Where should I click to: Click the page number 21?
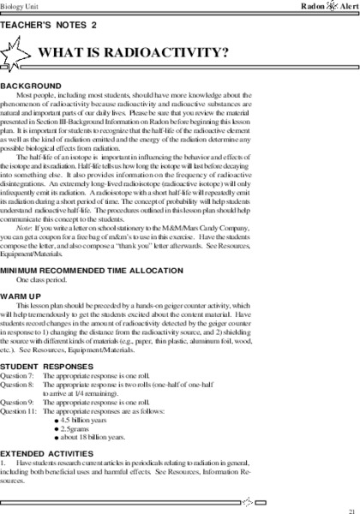pos(351,508)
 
